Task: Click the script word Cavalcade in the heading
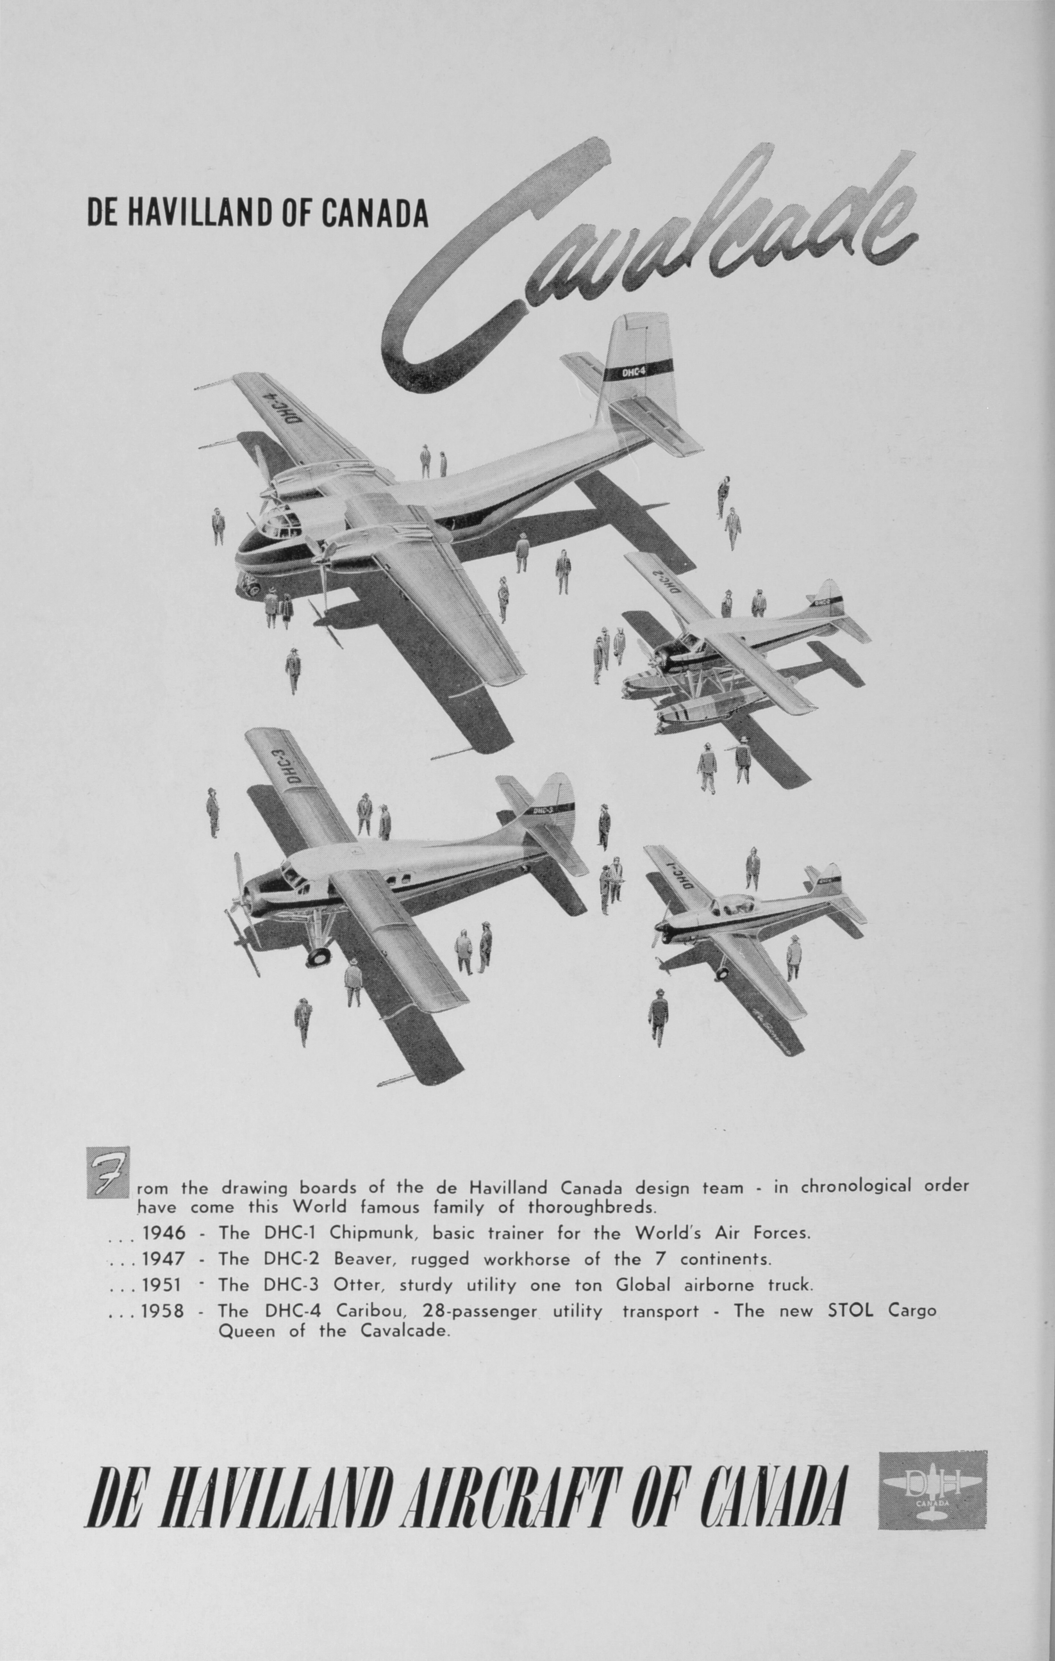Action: (x=649, y=262)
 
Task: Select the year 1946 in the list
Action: (x=163, y=1233)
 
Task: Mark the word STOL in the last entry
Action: (x=850, y=1310)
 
